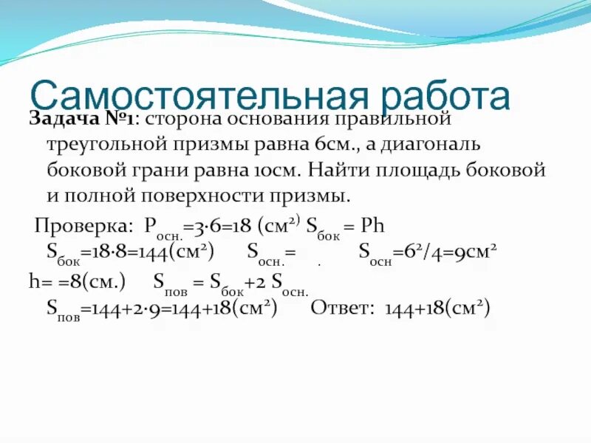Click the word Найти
(338, 171)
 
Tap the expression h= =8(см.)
(78, 281)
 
